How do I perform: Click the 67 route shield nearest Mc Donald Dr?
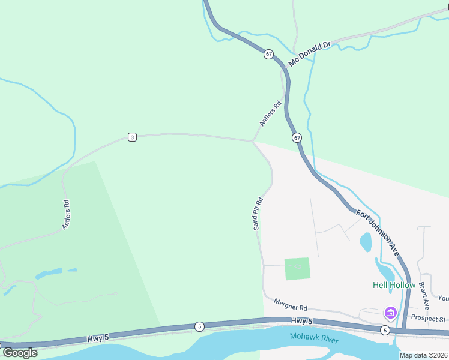pyautogui.click(x=268, y=54)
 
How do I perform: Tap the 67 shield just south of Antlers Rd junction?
pyautogui.click(x=297, y=138)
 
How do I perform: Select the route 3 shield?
pyautogui.click(x=132, y=137)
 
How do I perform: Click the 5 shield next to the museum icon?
pyautogui.click(x=384, y=330)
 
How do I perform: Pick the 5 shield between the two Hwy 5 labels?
pyautogui.click(x=199, y=326)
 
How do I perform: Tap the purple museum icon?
pyautogui.click(x=391, y=313)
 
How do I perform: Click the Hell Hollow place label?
pyautogui.click(x=394, y=285)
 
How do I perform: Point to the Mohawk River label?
pyautogui.click(x=314, y=338)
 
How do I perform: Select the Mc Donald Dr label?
pyautogui.click(x=310, y=54)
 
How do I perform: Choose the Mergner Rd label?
pyautogui.click(x=290, y=305)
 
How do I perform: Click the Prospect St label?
pyautogui.click(x=428, y=319)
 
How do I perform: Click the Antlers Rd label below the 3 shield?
pyautogui.click(x=67, y=215)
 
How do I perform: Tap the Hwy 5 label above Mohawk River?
pyautogui.click(x=303, y=322)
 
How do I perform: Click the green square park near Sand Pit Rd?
pyautogui.click(x=297, y=269)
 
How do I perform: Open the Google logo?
pyautogui.click(x=20, y=353)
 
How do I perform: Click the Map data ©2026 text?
pyautogui.click(x=423, y=355)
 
